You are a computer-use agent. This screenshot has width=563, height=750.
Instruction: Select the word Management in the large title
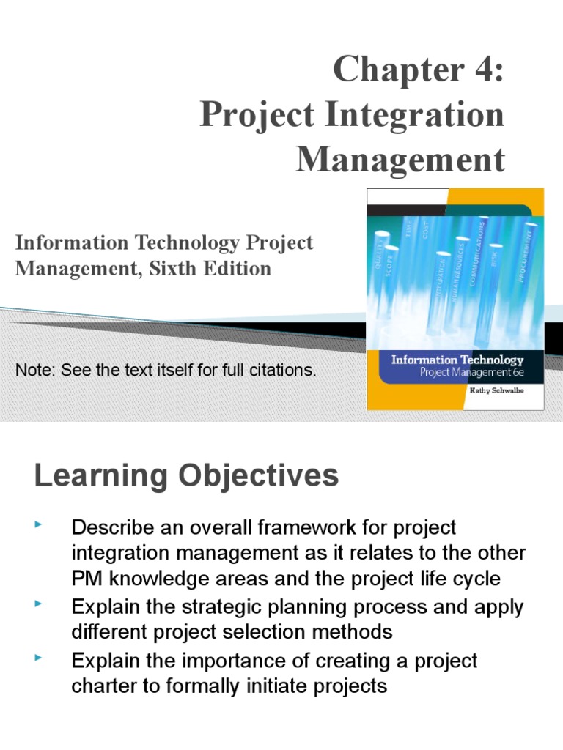click(x=400, y=160)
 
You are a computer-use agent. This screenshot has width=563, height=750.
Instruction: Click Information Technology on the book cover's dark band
click(x=457, y=360)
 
